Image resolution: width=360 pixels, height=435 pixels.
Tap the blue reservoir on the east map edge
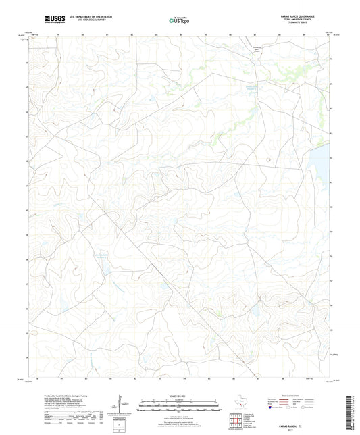pos(322,162)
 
